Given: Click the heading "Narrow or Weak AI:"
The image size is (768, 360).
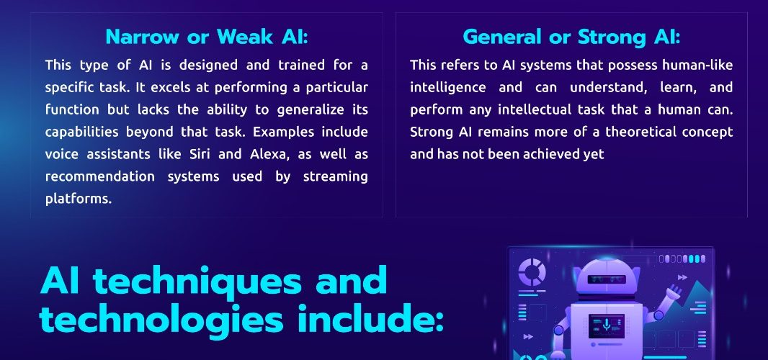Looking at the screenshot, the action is click(206, 37).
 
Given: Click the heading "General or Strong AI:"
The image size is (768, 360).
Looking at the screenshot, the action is click(571, 37).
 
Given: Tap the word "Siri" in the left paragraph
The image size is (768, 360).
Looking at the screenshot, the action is click(200, 154).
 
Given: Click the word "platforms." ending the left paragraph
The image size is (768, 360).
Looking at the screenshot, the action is click(79, 199).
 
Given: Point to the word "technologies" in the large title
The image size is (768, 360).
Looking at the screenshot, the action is click(161, 320).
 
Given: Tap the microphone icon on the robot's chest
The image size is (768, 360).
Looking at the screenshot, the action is click(607, 324).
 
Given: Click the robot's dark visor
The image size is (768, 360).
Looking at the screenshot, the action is click(607, 280).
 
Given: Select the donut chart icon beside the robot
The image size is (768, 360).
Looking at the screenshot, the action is click(532, 272).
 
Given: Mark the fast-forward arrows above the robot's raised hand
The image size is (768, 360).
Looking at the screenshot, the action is click(682, 278).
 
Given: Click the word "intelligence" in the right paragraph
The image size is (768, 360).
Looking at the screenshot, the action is click(448, 88).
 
